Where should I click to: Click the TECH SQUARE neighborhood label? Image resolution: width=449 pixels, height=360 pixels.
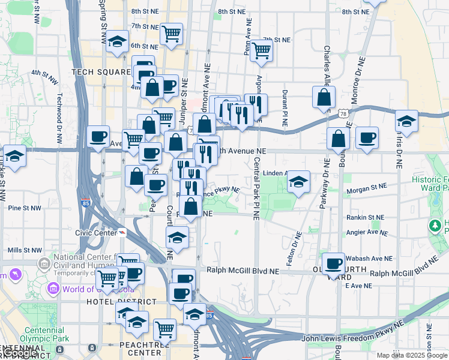[x=101, y=72]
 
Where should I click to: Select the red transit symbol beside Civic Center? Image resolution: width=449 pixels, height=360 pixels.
[x=122, y=233]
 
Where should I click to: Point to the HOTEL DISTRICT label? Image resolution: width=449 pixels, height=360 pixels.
[x=115, y=301]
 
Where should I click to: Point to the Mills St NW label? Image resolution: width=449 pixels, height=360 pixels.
[x=25, y=250]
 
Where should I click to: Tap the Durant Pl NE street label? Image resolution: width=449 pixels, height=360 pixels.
[x=284, y=110]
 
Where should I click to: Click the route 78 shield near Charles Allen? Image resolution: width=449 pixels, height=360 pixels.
[x=342, y=113]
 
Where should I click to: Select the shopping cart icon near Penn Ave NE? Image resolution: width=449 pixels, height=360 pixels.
[x=261, y=50]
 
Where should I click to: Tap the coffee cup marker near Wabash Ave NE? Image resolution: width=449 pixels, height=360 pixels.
[x=333, y=263]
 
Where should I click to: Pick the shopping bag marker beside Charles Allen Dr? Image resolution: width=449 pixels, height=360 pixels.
[x=324, y=98]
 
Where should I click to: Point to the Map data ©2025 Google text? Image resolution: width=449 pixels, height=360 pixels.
[x=412, y=355]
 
